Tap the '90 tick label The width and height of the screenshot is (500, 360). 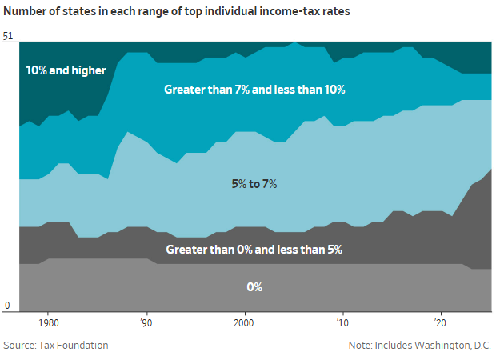point(146,323)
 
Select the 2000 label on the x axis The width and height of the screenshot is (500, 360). point(244,323)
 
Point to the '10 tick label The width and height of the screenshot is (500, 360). point(342,323)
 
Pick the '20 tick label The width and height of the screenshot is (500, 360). point(440,323)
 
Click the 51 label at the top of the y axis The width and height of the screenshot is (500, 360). point(9,36)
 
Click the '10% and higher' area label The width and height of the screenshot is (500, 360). point(66,70)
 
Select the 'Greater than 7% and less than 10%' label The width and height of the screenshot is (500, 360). point(254,90)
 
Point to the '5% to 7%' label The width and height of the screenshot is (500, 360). point(254,184)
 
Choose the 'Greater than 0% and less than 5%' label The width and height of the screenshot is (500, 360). point(254,250)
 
